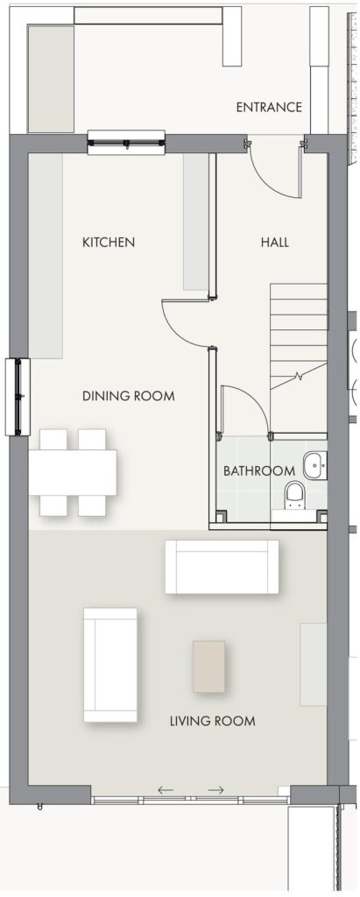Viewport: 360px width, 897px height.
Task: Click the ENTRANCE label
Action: (x=269, y=108)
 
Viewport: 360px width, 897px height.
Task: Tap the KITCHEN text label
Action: (x=109, y=242)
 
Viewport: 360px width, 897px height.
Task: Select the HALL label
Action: (x=275, y=242)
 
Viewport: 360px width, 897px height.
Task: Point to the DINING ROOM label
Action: (x=129, y=396)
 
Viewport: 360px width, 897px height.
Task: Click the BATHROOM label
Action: (x=259, y=471)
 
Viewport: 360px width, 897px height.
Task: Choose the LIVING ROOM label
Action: (x=212, y=721)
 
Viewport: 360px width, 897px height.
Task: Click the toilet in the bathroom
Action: (x=295, y=496)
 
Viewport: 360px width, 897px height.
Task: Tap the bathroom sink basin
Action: (x=314, y=465)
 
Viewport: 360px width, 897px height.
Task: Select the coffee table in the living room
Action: (x=208, y=667)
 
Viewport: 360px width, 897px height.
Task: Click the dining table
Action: (x=73, y=472)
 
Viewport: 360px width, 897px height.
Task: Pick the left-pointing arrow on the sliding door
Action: (x=166, y=790)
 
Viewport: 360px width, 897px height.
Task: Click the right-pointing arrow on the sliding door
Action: (x=215, y=790)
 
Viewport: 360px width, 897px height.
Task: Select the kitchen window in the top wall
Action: (x=126, y=143)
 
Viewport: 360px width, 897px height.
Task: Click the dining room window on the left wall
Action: (x=18, y=397)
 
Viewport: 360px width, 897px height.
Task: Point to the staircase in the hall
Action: (x=298, y=336)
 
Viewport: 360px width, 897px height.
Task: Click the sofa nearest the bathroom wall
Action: (x=222, y=567)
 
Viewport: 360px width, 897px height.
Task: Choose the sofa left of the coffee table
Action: (x=110, y=665)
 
